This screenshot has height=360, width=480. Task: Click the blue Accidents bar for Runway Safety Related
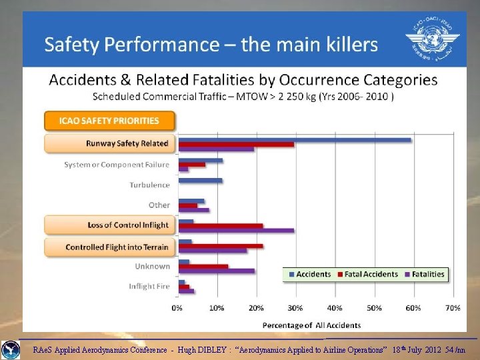[x=294, y=139]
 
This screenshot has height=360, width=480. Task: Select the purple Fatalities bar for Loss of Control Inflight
[x=235, y=231]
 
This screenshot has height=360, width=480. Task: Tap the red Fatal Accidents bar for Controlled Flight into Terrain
[x=220, y=246]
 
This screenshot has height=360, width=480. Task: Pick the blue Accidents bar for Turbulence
[x=200, y=181]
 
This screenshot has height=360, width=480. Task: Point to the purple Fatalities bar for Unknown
[x=216, y=271]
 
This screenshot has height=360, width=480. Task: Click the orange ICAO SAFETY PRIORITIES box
[x=109, y=121]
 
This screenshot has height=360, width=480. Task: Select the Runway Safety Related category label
[x=127, y=143]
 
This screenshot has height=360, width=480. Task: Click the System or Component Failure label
[x=117, y=165]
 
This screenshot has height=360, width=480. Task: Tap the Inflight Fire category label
[x=149, y=286]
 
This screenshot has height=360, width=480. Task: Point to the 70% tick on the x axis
[x=453, y=308]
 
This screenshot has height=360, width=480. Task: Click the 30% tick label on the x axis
[x=295, y=308]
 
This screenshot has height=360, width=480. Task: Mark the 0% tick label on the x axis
[x=177, y=308]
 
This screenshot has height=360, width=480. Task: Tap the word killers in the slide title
[x=345, y=45]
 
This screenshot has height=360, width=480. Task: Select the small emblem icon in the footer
[x=10, y=349]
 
